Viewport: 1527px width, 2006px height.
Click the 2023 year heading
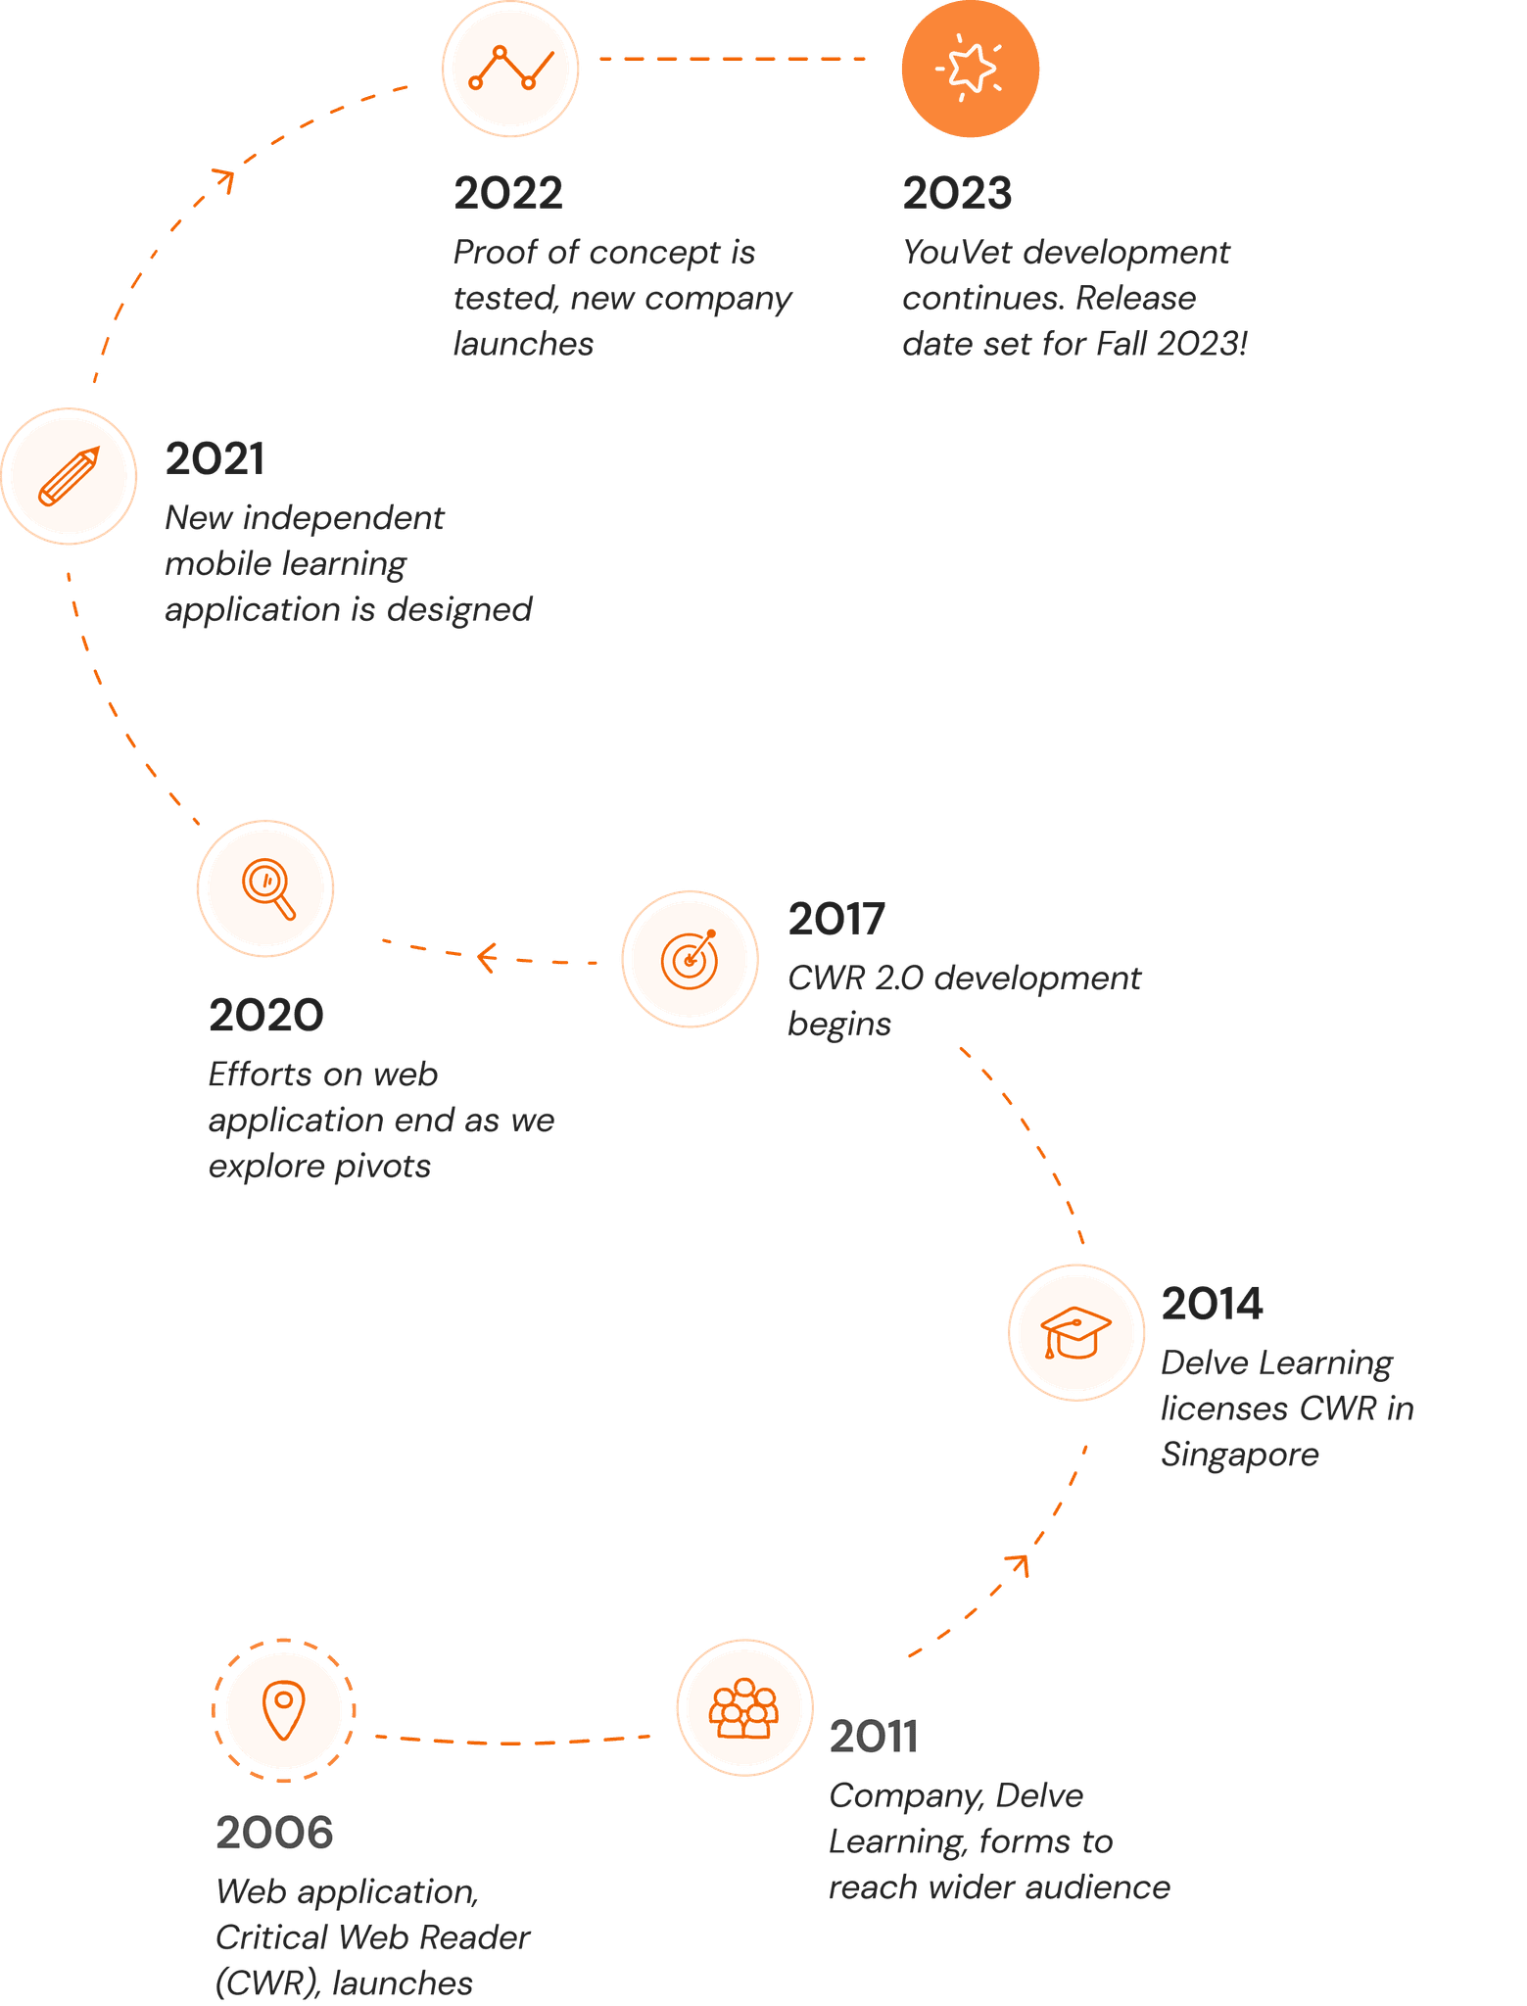pyautogui.click(x=957, y=194)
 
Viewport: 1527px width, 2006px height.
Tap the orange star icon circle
pyautogui.click(x=970, y=69)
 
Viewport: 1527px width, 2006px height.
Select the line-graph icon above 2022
pyautogui.click(x=510, y=68)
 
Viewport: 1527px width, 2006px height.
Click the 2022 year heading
pyautogui.click(x=508, y=194)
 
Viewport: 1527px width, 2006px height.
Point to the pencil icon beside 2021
pyautogui.click(x=69, y=476)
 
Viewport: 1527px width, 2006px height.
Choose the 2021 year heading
pyautogui.click(x=215, y=459)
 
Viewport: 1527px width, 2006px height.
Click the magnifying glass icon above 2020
pyautogui.click(x=266, y=888)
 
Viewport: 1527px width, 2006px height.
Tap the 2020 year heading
pyautogui.click(x=265, y=1016)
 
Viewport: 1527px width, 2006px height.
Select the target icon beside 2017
pyautogui.click(x=690, y=959)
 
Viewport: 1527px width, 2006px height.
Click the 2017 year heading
pyautogui.click(x=835, y=920)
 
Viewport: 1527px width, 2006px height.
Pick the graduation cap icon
pyautogui.click(x=1075, y=1332)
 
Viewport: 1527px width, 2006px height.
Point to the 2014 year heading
pyautogui.click(x=1212, y=1305)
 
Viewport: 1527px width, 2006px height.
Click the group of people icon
pyautogui.click(x=744, y=1708)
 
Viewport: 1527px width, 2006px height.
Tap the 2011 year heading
pyautogui.click(x=873, y=1738)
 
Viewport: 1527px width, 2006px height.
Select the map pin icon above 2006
pyautogui.click(x=284, y=1710)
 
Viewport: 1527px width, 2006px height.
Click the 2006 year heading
pyautogui.click(x=274, y=1834)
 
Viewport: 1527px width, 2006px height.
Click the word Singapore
pyautogui.click(x=1239, y=1456)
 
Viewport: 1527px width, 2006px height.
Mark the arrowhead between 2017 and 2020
pyautogui.click(x=485, y=957)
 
